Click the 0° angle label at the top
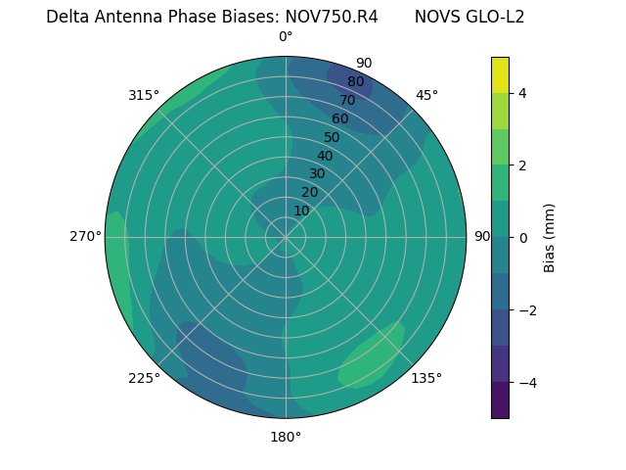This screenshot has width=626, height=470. click(286, 37)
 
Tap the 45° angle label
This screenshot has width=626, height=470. click(427, 95)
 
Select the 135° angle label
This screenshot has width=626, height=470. click(426, 379)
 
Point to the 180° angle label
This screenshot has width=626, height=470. click(286, 437)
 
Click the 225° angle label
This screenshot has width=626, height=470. click(144, 379)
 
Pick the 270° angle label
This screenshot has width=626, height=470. click(85, 237)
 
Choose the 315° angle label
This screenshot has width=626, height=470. click(144, 95)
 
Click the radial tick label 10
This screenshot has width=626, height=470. click(301, 211)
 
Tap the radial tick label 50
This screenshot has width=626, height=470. click(332, 138)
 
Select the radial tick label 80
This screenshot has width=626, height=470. click(355, 82)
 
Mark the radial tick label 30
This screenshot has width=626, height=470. click(317, 174)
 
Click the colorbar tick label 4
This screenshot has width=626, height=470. click(523, 93)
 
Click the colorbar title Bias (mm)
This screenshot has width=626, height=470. click(550, 238)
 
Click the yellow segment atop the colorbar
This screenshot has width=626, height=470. click(500, 75)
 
